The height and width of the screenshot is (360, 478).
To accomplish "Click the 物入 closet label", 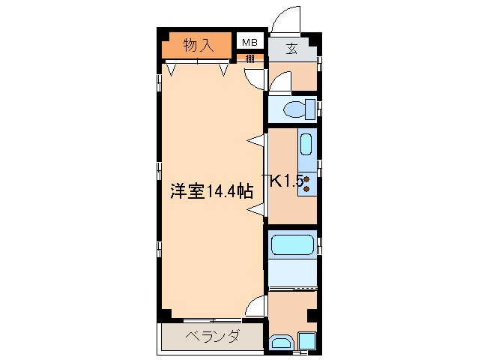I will click(199, 45).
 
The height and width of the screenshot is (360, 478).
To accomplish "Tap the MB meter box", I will click(249, 43).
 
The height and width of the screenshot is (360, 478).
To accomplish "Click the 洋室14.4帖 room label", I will click(210, 192).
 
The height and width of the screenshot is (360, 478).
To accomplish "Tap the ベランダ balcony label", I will click(211, 336).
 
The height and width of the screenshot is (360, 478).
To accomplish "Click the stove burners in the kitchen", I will click(307, 183).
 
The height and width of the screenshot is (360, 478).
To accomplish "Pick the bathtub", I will click(293, 244).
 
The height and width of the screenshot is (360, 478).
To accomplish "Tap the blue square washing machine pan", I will click(306, 342).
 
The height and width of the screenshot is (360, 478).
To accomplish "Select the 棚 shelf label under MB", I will click(249, 58).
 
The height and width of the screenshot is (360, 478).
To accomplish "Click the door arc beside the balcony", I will click(257, 304).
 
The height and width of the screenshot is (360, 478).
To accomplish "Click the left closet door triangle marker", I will click(172, 70).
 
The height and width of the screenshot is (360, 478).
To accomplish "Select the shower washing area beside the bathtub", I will click(293, 274).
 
